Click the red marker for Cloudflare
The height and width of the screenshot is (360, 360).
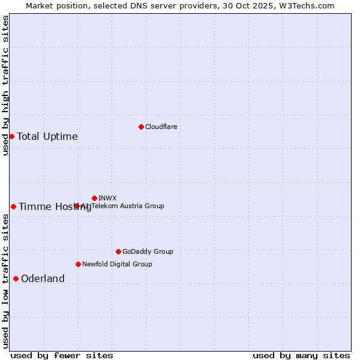click(x=141, y=127)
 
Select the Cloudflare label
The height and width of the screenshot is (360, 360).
click(x=161, y=127)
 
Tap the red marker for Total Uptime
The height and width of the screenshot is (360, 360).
click(x=11, y=136)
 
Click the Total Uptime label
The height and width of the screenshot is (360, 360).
click(x=47, y=137)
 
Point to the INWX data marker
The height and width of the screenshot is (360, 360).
click(x=94, y=198)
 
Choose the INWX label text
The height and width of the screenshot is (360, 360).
click(x=107, y=198)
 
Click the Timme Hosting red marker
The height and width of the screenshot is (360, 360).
click(x=13, y=206)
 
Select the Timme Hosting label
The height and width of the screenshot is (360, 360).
click(x=55, y=207)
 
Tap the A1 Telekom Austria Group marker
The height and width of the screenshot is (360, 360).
click(x=77, y=206)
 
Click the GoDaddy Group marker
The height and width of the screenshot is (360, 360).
click(x=118, y=251)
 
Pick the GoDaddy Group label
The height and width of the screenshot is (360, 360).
click(x=148, y=252)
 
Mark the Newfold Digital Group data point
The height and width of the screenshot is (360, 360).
click(x=78, y=264)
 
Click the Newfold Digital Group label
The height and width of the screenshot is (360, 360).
click(x=117, y=264)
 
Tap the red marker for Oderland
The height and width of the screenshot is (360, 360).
click(x=16, y=278)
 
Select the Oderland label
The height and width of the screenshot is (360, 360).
click(x=43, y=279)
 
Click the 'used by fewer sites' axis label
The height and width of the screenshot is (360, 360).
click(x=62, y=356)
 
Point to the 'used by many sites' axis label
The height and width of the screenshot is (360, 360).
click(x=301, y=356)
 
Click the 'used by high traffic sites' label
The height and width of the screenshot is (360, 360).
click(x=5, y=85)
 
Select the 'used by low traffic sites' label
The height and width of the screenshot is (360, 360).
click(x=5, y=280)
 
